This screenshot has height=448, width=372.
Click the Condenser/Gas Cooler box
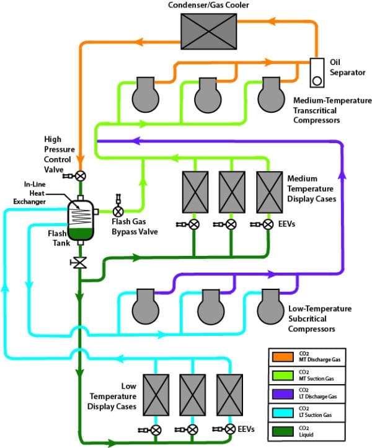pyautogui.click(x=208, y=28)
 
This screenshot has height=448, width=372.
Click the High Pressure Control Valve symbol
pyautogui.click(x=80, y=175)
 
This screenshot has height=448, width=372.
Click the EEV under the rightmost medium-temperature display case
pyautogui.click(x=268, y=224)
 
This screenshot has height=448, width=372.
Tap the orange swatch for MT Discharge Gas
pyautogui.click(x=279, y=356)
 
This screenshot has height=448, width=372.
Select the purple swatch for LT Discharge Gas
pyautogui.click(x=279, y=393)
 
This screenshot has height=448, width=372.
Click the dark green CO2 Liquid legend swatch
pyautogui.click(x=279, y=430)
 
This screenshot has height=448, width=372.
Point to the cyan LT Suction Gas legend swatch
pyautogui.click(x=279, y=411)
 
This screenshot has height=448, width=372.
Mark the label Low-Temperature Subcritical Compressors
pyautogui.click(x=320, y=318)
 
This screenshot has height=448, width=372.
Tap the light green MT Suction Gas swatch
pyautogui.click(x=279, y=374)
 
